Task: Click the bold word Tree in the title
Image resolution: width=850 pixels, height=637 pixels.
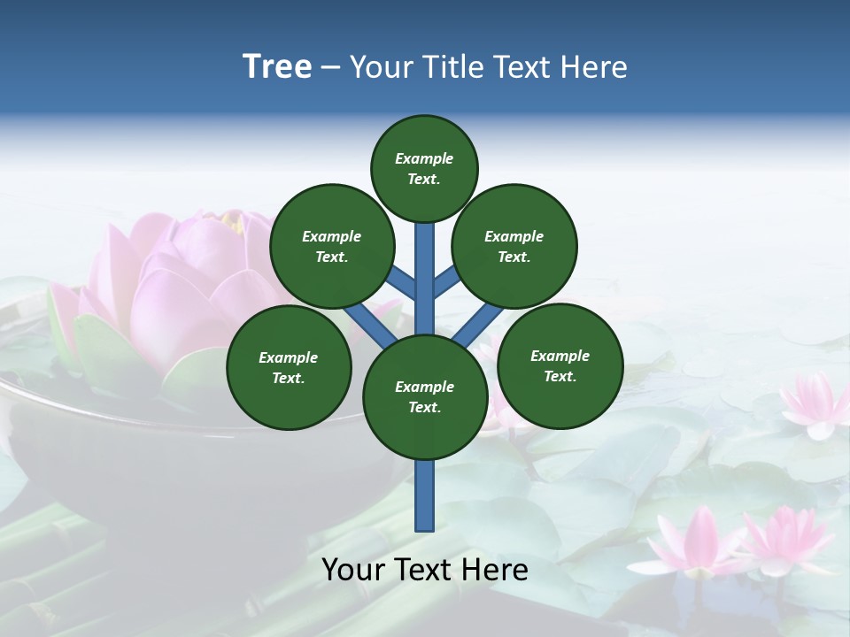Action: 277,66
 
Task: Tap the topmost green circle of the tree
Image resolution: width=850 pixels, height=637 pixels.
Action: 424,168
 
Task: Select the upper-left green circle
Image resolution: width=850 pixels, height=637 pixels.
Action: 332,246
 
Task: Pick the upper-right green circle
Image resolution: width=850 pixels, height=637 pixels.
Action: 514,246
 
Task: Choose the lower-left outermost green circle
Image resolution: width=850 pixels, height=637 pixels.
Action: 289,367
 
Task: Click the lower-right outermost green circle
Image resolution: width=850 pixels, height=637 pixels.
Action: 560,365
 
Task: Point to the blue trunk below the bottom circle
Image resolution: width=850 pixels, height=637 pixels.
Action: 425,495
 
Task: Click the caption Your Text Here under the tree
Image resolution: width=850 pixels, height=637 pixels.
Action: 425,570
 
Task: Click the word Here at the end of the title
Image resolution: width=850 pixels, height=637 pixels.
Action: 595,67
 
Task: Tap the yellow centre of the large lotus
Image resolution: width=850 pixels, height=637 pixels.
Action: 232,220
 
